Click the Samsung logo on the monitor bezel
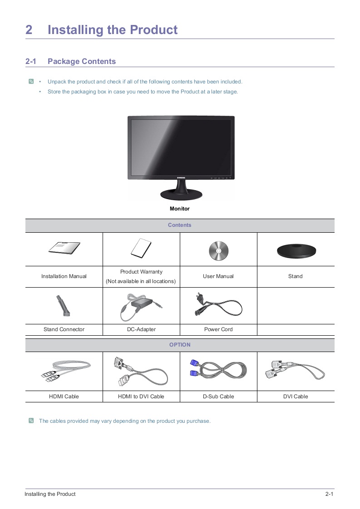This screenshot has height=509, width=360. [181, 177]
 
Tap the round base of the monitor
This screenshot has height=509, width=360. [181, 195]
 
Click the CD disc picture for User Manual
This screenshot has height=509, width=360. [219, 250]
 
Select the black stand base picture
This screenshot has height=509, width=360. [296, 251]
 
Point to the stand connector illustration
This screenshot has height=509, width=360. [63, 305]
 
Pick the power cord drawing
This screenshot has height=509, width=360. [218, 305]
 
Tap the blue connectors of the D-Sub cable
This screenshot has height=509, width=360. [194, 368]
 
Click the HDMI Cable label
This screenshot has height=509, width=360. [64, 396]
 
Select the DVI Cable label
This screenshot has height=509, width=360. [296, 396]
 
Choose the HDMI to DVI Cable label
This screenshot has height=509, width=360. [141, 396]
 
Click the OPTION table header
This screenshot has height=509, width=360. [180, 345]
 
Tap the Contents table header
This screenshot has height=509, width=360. [180, 225]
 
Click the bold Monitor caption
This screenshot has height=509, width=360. [180, 209]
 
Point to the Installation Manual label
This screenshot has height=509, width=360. [64, 276]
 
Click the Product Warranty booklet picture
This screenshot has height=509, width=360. [141, 248]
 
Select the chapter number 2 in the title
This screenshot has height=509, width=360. [29, 30]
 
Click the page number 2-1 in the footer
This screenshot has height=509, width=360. [330, 494]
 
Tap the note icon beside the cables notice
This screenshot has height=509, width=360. [31, 421]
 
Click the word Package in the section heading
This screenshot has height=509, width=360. [64, 61]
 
